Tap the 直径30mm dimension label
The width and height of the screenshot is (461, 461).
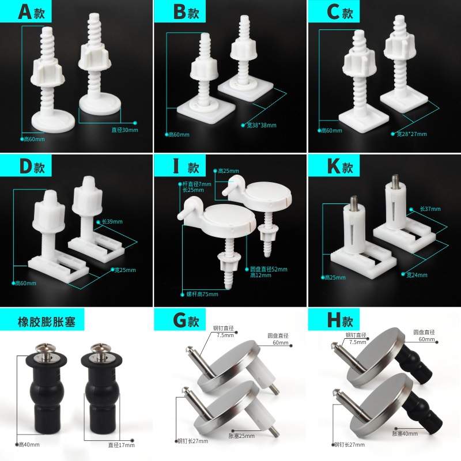(x=124, y=130)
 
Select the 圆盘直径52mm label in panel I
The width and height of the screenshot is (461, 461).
(x=269, y=269)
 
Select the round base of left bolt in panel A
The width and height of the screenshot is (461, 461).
(x=53, y=122)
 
